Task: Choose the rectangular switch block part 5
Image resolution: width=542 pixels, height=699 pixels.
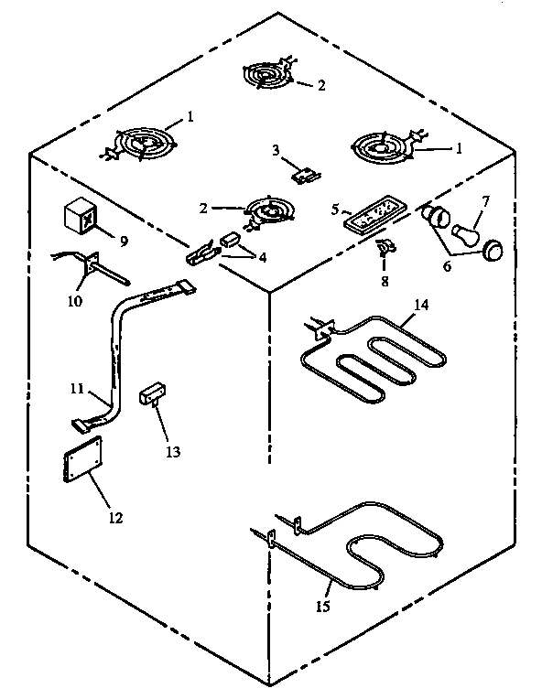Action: pyautogui.click(x=370, y=216)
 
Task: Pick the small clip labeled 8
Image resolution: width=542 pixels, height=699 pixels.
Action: pyautogui.click(x=386, y=247)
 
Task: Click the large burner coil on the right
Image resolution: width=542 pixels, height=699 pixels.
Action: pyautogui.click(x=380, y=146)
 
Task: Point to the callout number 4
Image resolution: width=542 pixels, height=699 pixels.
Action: pyautogui.click(x=263, y=257)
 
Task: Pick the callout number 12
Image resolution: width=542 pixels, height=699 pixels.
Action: pyautogui.click(x=114, y=517)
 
